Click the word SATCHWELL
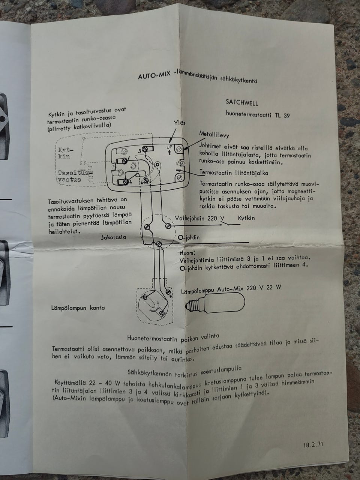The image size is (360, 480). [x=242, y=102]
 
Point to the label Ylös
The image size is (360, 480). [x=180, y=123]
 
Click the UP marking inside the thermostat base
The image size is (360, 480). [x=169, y=147]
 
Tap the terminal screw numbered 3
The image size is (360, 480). [x=145, y=149]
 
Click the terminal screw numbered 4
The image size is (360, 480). [x=126, y=182]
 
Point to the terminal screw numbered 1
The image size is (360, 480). [x=124, y=161]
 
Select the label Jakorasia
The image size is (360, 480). [x=114, y=237]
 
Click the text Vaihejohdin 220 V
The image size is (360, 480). [x=200, y=218]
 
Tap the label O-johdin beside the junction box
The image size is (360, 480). [x=189, y=237]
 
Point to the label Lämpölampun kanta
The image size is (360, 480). [x=78, y=308]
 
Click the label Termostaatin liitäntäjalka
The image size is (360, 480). [x=234, y=173]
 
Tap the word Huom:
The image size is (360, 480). [x=187, y=253]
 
